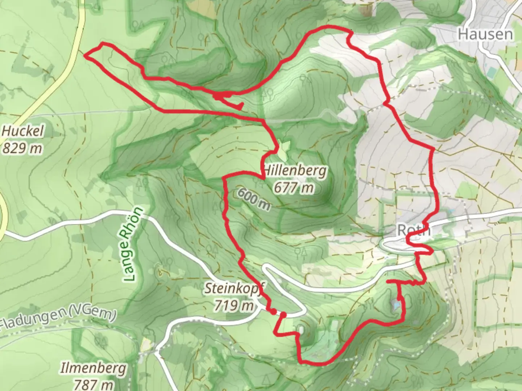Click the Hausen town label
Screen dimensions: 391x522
485,34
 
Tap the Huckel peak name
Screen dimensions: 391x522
22,131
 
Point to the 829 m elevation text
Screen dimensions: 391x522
22,148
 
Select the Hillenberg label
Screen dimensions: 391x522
295,170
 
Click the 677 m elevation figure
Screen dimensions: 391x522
294,188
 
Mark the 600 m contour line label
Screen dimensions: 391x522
254,199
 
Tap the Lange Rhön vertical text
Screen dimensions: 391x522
133,244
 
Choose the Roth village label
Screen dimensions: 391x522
413,230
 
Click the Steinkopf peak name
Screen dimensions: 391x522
234,289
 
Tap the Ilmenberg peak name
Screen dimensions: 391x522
94,369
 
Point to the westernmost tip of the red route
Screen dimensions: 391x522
85,55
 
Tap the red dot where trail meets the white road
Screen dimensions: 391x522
273,311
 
